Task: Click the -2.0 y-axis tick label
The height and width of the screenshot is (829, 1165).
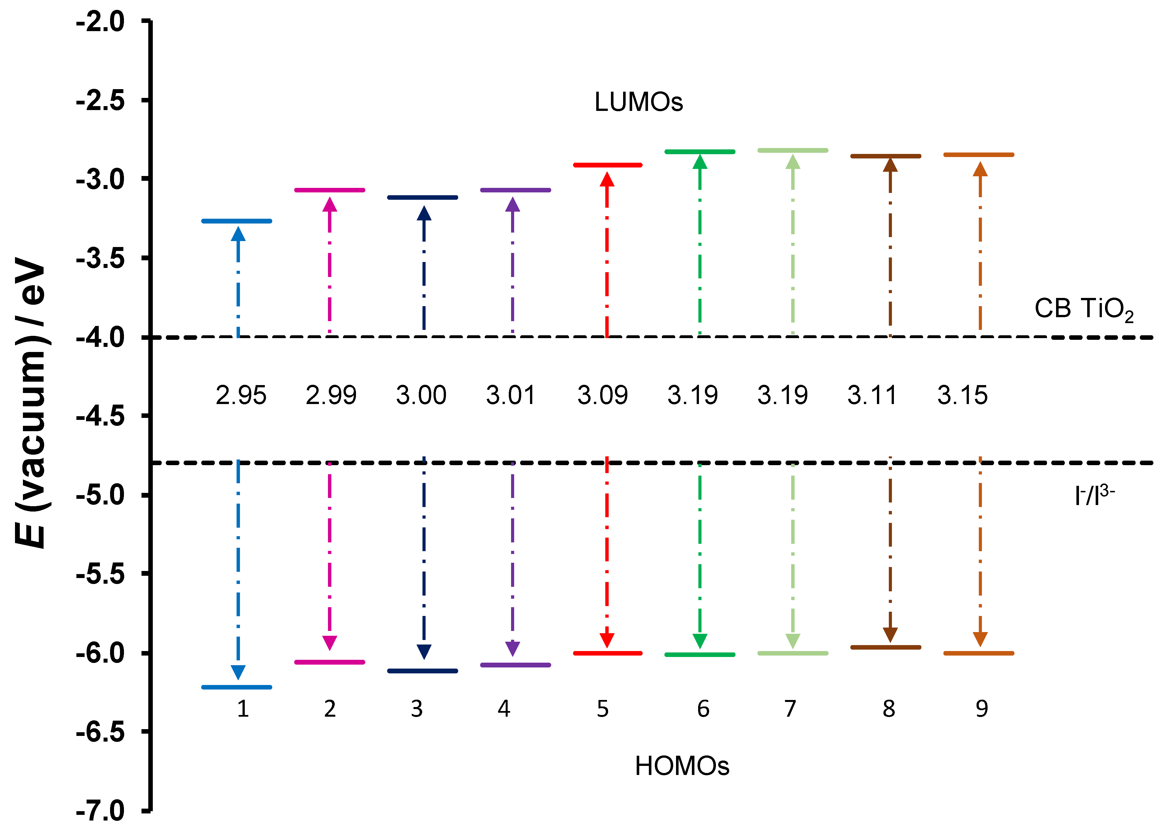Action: tap(100, 22)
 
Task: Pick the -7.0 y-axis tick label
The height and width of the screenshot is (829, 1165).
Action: tap(100, 811)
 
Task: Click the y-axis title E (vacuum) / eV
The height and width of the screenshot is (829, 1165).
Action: tap(31, 403)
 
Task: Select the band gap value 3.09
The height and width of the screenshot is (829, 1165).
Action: tap(602, 395)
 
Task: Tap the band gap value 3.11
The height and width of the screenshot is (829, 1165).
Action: tap(872, 395)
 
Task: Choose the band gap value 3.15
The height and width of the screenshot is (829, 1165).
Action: tap(962, 395)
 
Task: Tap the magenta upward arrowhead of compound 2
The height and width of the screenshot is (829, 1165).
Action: tap(330, 204)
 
